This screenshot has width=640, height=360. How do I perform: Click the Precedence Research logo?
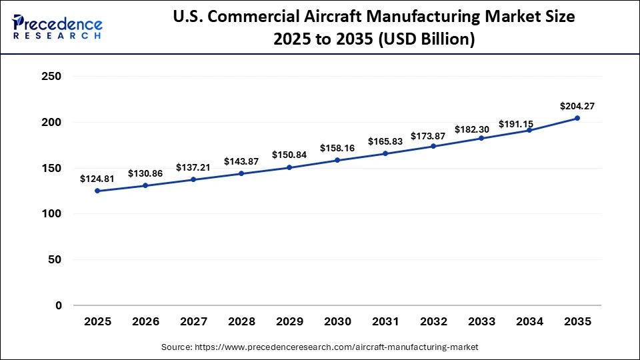coord(57,27)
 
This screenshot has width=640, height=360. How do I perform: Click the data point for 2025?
coord(97,191)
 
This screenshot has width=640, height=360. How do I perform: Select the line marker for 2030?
coord(337,160)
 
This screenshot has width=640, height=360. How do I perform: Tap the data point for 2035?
coord(577,118)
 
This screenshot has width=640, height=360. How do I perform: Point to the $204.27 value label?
coord(577,105)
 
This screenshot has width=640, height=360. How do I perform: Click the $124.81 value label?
coord(97,179)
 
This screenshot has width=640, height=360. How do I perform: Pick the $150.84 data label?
coord(289,155)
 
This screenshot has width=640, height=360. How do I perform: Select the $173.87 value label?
coord(433,136)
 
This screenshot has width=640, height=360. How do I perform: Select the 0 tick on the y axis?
coord(58,305)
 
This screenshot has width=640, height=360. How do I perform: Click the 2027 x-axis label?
coord(193,322)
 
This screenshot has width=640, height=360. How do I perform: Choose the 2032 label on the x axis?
coord(433,322)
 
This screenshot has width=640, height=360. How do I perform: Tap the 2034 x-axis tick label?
coord(529,322)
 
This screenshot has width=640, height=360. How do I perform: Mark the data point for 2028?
coord(241,173)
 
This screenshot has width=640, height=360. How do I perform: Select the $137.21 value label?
coord(193,167)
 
